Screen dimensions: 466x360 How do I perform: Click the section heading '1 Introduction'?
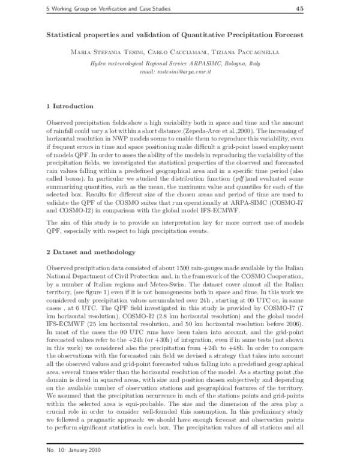click(69, 106)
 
